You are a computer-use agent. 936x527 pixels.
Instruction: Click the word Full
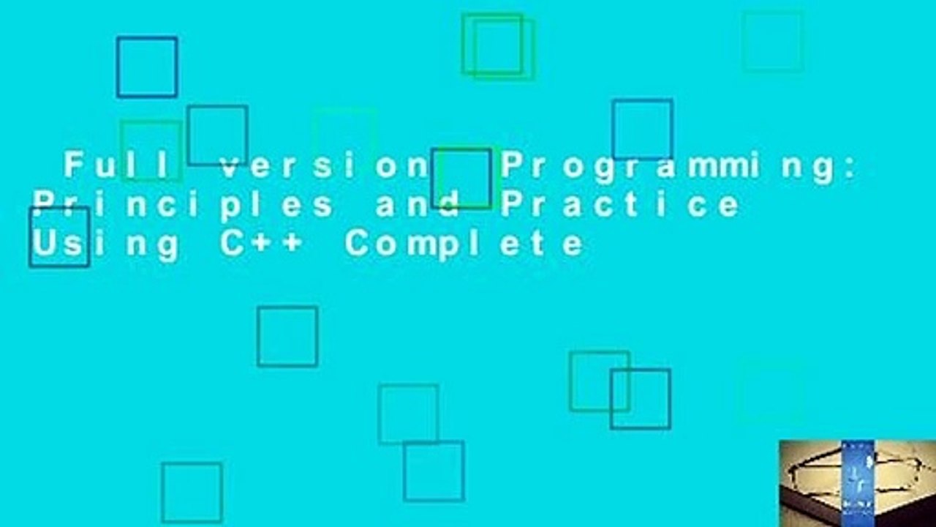(x=121, y=167)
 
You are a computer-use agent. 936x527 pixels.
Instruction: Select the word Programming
(x=669, y=167)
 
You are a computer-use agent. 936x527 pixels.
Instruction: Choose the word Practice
(x=620, y=205)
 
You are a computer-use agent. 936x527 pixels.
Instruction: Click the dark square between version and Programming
(x=461, y=179)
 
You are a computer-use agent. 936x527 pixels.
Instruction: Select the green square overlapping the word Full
(x=151, y=151)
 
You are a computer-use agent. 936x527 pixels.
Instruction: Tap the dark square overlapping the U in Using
(x=59, y=236)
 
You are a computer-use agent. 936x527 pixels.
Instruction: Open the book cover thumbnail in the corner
(x=857, y=483)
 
